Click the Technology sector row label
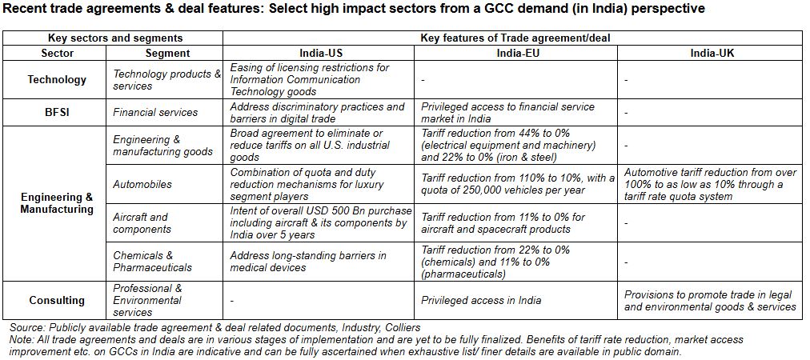coord(57,80)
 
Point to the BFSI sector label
coord(57,113)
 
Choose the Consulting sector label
coord(57,300)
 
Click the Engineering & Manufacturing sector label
coord(57,203)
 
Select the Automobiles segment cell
coord(142,184)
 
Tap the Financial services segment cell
coord(155,113)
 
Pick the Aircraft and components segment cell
coord(141,222)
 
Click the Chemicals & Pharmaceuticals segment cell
coord(153,261)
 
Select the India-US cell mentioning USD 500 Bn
coord(320,222)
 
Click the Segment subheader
coord(168,53)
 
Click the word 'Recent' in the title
coord(27,9)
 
